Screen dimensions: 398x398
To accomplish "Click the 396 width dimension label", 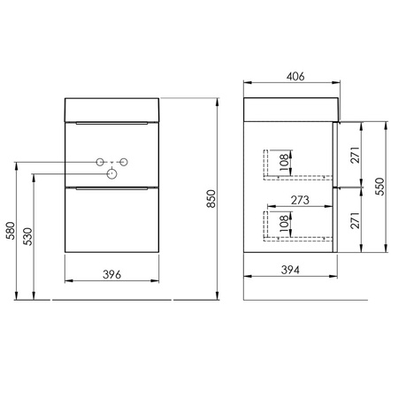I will pyautogui.click(x=111, y=275).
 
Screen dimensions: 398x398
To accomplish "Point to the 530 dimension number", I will pyautogui.click(x=28, y=237).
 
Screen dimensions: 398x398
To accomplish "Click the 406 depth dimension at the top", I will pyautogui.click(x=295, y=77).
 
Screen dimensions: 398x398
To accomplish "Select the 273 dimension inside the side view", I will pyautogui.click(x=299, y=200).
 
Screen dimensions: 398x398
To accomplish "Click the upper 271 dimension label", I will pyautogui.click(x=355, y=157).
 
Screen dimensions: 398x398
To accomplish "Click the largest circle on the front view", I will pyautogui.click(x=112, y=174).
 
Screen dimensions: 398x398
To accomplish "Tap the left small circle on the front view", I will pyautogui.click(x=100, y=162).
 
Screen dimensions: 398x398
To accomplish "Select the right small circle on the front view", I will pyautogui.click(x=125, y=162).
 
